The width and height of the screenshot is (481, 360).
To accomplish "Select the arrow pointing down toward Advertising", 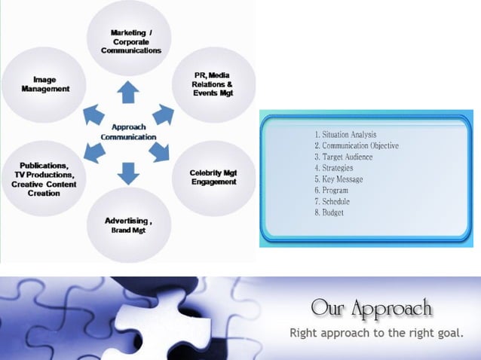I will (129, 174).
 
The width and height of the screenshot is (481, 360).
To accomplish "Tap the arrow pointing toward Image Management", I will (93, 114).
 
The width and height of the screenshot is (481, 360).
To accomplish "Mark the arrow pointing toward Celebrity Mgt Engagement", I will (159, 152).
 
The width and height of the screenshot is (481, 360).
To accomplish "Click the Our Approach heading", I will (371, 309).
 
